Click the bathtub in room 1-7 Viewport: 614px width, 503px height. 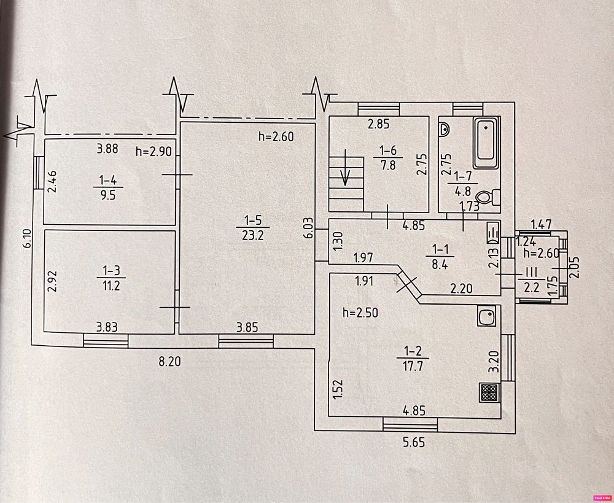click(486, 143)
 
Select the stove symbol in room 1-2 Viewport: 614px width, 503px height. click(489, 392)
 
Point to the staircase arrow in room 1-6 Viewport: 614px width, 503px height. click(345, 167)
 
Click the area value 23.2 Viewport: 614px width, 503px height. click(252, 236)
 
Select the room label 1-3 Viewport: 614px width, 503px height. click(111, 271)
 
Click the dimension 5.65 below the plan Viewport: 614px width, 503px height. click(414, 443)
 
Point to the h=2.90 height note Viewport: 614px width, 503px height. click(154, 151)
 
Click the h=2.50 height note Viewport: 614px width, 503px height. click(360, 313)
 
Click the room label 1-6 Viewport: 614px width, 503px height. click(388, 150)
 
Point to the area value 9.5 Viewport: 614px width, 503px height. click(108, 195)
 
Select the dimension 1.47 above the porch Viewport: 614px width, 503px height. click(542, 224)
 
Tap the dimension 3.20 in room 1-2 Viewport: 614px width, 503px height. click(494, 362)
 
